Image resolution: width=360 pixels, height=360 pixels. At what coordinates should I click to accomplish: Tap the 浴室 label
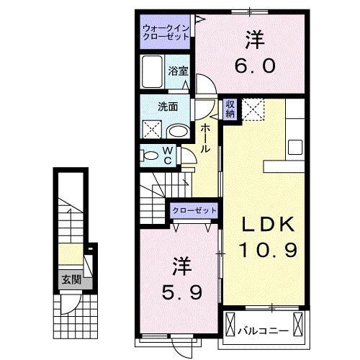tap(179, 71)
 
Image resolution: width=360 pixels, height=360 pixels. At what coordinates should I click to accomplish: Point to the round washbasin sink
tap(178, 131)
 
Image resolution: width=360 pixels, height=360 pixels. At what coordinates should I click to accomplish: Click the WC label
tap(166, 156)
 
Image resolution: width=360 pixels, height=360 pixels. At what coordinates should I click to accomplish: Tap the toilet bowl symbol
tap(149, 156)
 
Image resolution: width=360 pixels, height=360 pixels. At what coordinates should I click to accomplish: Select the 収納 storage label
tap(230, 109)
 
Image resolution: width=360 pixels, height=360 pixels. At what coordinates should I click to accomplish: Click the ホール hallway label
tap(206, 138)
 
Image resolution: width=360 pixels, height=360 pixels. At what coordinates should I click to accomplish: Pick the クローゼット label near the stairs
tap(194, 210)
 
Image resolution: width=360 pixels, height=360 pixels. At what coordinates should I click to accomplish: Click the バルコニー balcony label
tap(264, 331)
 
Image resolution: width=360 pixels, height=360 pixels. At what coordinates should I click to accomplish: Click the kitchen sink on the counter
tap(296, 146)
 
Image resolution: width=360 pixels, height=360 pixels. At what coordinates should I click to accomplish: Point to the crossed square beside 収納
tap(253, 108)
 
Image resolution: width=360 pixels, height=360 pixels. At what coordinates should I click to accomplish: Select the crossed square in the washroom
tap(152, 130)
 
